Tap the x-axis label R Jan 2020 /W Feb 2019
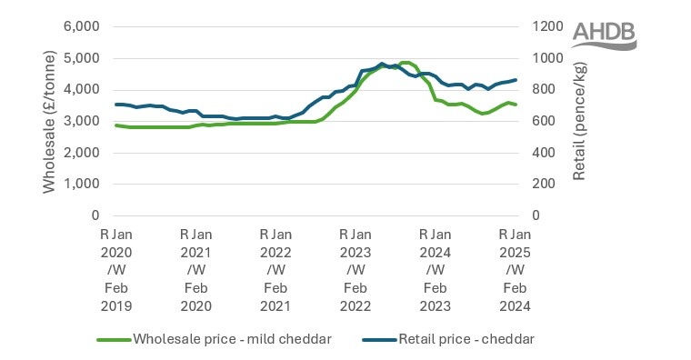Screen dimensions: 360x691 point(115,270)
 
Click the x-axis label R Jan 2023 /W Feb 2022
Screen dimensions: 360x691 point(355,270)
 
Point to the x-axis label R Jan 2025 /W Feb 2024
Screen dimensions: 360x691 point(515,270)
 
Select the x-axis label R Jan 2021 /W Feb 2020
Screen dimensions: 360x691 point(195,270)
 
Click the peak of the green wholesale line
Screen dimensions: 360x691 point(406,63)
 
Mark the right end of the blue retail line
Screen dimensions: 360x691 point(516,80)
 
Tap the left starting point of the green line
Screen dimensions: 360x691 point(115,125)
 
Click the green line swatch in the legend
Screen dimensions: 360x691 point(113,340)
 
